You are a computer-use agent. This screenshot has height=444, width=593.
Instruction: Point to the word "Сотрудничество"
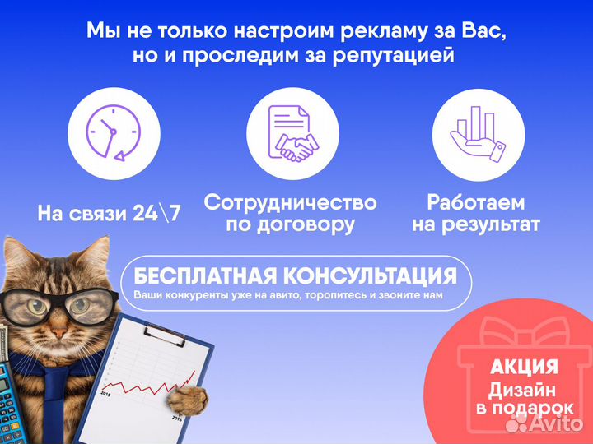(x=290, y=203)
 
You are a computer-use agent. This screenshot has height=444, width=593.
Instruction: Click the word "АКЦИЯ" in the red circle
(x=525, y=366)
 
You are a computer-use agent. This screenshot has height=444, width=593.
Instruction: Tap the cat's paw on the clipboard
(x=186, y=400)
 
